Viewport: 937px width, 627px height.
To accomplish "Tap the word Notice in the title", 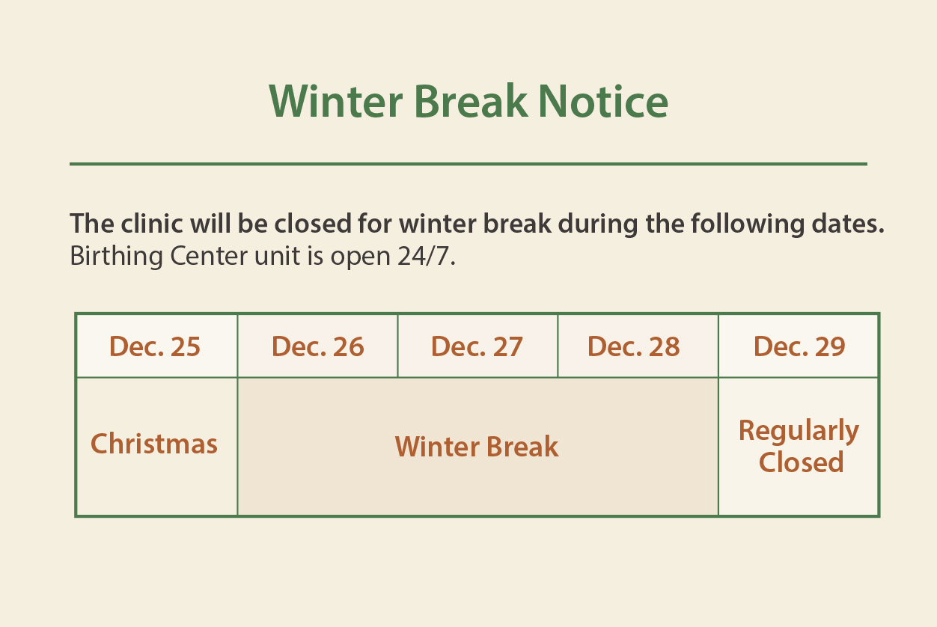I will tap(602, 101).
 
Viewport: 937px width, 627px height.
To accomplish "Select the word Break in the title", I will tap(470, 101).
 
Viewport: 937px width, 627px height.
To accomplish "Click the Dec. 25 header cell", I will tap(155, 346).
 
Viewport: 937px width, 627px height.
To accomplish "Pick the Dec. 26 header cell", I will tap(317, 346).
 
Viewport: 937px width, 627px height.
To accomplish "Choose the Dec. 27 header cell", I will tap(477, 346).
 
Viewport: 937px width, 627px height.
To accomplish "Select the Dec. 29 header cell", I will tap(799, 346).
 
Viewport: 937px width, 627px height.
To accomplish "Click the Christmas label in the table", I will tap(154, 444).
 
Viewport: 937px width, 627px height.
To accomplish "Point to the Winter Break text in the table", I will tap(477, 447).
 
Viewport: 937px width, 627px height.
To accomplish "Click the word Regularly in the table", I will tap(799, 431).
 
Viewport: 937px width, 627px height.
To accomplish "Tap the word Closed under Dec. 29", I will tap(801, 462).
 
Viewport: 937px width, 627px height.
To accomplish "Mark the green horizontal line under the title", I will tap(468, 164).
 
